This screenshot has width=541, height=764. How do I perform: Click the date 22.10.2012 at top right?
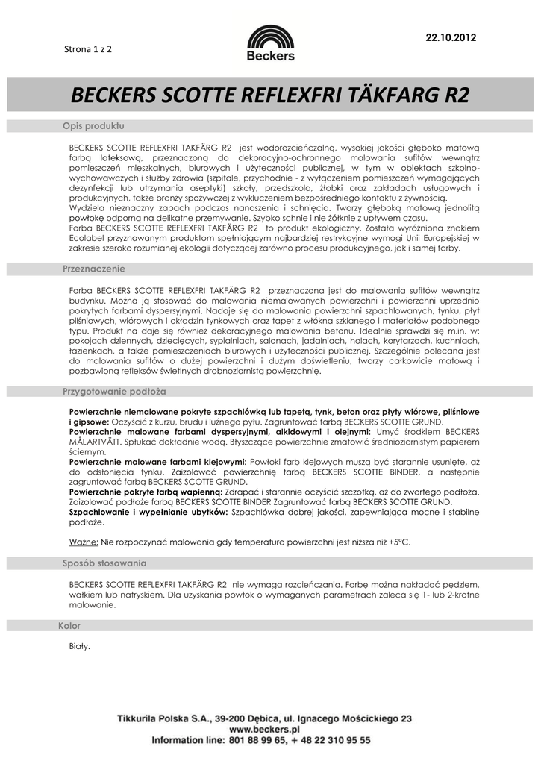pyautogui.click(x=450, y=37)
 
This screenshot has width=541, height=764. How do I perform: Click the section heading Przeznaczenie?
pyautogui.click(x=93, y=268)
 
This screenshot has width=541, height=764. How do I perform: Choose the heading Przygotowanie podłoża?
pyautogui.click(x=113, y=391)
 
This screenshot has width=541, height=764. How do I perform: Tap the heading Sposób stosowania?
pyautogui.click(x=104, y=563)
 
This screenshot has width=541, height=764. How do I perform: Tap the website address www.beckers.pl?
pyautogui.click(x=264, y=728)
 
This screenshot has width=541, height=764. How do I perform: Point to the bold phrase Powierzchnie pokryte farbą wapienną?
pyautogui.click(x=149, y=492)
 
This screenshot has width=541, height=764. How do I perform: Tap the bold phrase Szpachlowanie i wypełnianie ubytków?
pyautogui.click(x=148, y=513)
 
